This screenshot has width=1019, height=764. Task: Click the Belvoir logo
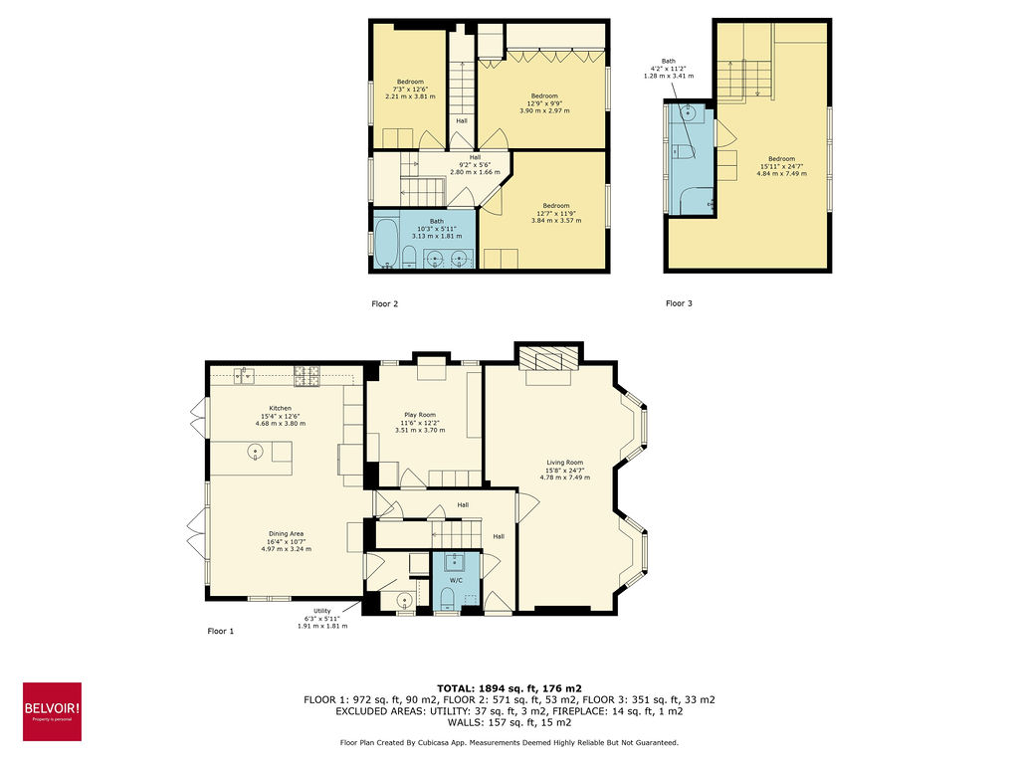[x=52, y=710]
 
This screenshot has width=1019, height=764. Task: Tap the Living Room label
[x=564, y=463]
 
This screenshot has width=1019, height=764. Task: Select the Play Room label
[x=419, y=415]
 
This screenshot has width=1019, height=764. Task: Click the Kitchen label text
[x=280, y=408]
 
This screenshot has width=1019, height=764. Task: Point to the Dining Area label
[x=286, y=534]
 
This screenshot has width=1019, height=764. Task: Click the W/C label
[x=456, y=579]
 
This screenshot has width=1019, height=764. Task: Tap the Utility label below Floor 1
[x=322, y=610]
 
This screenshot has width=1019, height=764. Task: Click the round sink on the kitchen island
[x=256, y=454]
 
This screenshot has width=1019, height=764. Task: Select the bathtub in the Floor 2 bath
[x=386, y=242]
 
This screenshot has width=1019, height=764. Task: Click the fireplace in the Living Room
[x=549, y=359]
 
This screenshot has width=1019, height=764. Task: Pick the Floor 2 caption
[x=384, y=303]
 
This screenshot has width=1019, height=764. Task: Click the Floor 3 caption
[x=679, y=303]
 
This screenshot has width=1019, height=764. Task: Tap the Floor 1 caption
[x=220, y=631]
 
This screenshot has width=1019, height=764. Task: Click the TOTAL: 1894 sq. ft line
[x=509, y=688]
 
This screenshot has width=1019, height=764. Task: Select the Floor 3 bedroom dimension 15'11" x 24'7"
[x=781, y=166]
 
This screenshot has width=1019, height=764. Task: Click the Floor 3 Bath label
[x=668, y=60]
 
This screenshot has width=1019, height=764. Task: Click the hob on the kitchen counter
[x=306, y=375]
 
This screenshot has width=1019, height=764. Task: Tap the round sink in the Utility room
[x=404, y=600]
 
